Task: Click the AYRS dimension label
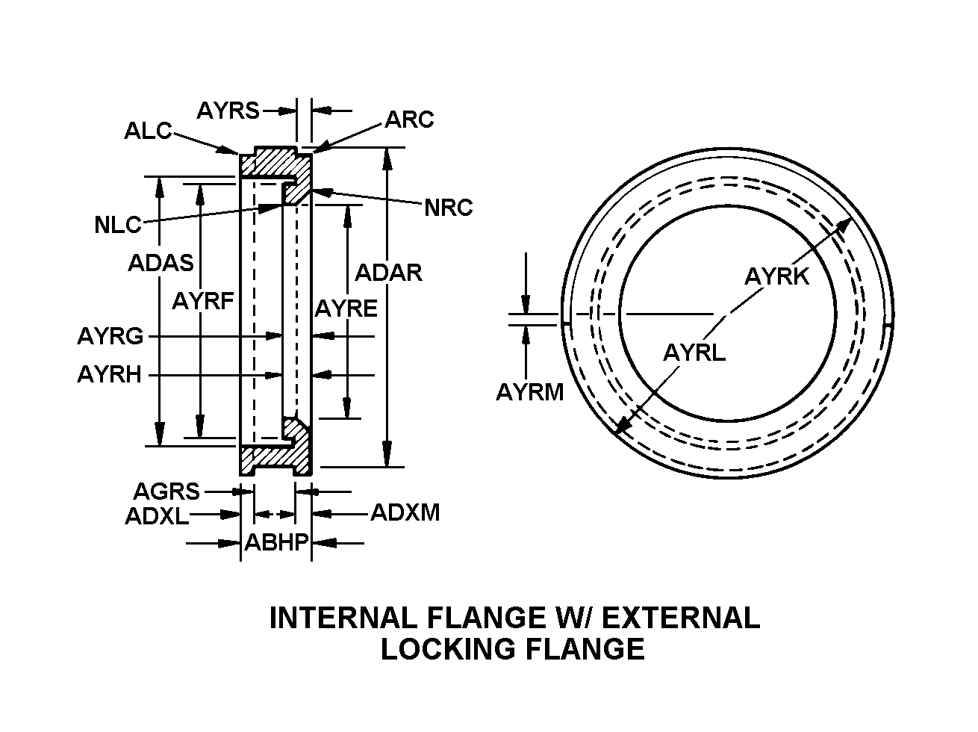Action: (228, 111)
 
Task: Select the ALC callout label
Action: (148, 132)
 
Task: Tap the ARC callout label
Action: (409, 120)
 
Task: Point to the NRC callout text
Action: (448, 208)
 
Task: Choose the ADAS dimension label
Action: (161, 263)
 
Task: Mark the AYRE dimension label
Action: (346, 308)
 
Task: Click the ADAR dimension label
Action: (388, 273)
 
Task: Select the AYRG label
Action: (110, 336)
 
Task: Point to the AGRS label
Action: (166, 491)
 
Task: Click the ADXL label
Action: (157, 515)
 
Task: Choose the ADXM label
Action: (405, 513)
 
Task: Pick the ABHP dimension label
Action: (277, 543)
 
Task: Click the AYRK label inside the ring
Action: (776, 277)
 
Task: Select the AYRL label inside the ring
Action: (694, 352)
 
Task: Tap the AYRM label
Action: (530, 391)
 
